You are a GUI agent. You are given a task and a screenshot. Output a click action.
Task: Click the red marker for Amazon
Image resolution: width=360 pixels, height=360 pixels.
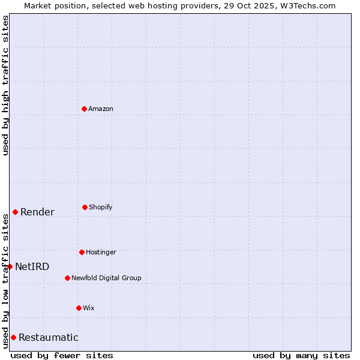pos(84,109)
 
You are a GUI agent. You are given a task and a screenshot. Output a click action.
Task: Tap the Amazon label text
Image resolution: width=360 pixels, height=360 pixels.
pos(101,109)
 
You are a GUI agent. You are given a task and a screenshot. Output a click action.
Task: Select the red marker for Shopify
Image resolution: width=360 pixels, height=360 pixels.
pos(85,207)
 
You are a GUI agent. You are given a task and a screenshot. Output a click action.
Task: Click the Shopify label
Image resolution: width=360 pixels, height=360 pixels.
pos(100,207)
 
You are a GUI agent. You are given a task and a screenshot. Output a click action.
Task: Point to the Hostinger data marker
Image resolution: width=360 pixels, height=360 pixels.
pos(82,252)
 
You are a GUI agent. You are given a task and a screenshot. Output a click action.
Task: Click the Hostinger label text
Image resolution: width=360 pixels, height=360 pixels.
pos(101,252)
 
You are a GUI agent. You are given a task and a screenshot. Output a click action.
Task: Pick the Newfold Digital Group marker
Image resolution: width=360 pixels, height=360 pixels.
pos(67,278)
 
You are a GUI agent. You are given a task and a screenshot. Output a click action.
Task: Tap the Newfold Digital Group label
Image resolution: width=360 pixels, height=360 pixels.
pos(106,278)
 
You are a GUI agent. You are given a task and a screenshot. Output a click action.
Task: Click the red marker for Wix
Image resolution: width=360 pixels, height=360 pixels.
pos(79,308)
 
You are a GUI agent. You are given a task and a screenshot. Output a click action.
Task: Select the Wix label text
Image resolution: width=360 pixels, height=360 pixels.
pos(89,308)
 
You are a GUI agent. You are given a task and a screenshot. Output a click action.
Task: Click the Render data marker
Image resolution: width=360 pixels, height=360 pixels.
pos(15,212)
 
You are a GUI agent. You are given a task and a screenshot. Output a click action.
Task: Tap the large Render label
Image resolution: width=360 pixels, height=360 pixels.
pos(37,212)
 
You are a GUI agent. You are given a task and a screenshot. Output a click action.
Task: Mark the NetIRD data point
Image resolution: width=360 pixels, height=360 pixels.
pos(10,266)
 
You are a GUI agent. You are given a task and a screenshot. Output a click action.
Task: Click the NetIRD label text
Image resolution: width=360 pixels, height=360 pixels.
pos(32,266)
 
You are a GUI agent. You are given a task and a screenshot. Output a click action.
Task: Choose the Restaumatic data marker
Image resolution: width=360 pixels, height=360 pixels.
pos(13,337)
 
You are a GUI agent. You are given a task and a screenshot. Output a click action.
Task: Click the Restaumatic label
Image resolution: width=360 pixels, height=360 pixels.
pos(49,337)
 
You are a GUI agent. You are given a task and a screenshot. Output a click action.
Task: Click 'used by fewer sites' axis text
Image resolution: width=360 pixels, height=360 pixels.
pos(62,355)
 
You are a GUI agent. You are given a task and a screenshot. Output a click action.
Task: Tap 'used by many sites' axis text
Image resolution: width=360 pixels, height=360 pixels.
pos(301,355)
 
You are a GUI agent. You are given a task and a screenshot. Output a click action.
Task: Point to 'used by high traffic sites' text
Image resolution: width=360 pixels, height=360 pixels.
pos(5,85)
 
